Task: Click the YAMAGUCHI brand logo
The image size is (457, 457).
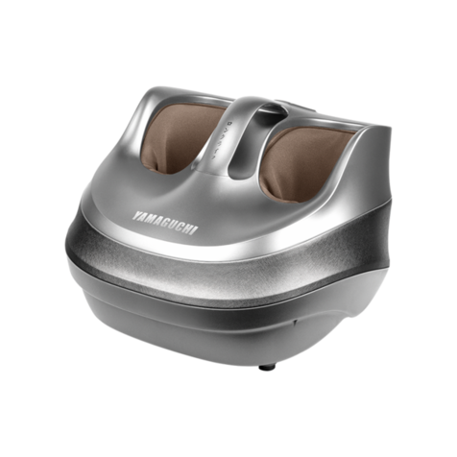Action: click(x=165, y=223)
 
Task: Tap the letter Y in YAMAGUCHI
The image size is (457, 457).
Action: click(x=135, y=215)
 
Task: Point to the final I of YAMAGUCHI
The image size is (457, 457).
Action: click(x=196, y=230)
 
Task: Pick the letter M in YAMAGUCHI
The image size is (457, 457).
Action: click(x=151, y=219)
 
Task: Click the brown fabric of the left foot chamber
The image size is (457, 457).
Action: click(x=180, y=136)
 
